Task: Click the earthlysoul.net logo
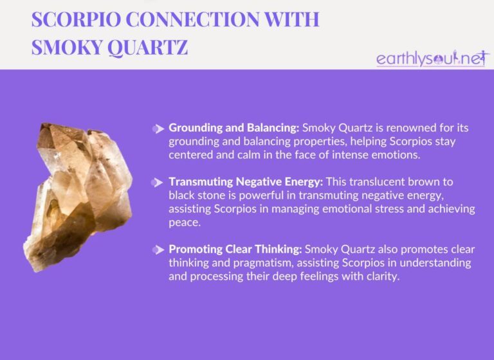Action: pyautogui.click(x=432, y=59)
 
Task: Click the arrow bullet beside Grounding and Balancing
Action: pyautogui.click(x=158, y=129)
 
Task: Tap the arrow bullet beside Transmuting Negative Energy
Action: pyautogui.click(x=158, y=183)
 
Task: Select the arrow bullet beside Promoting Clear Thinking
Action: pyautogui.click(x=158, y=249)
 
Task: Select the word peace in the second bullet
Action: pyautogui.click(x=184, y=222)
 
